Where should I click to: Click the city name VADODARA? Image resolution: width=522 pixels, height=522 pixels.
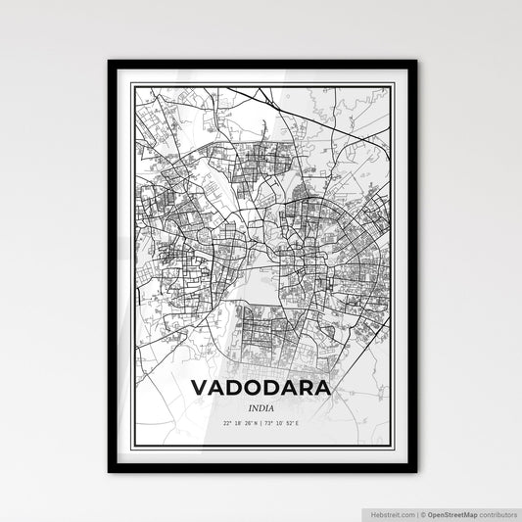[x=261, y=389]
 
